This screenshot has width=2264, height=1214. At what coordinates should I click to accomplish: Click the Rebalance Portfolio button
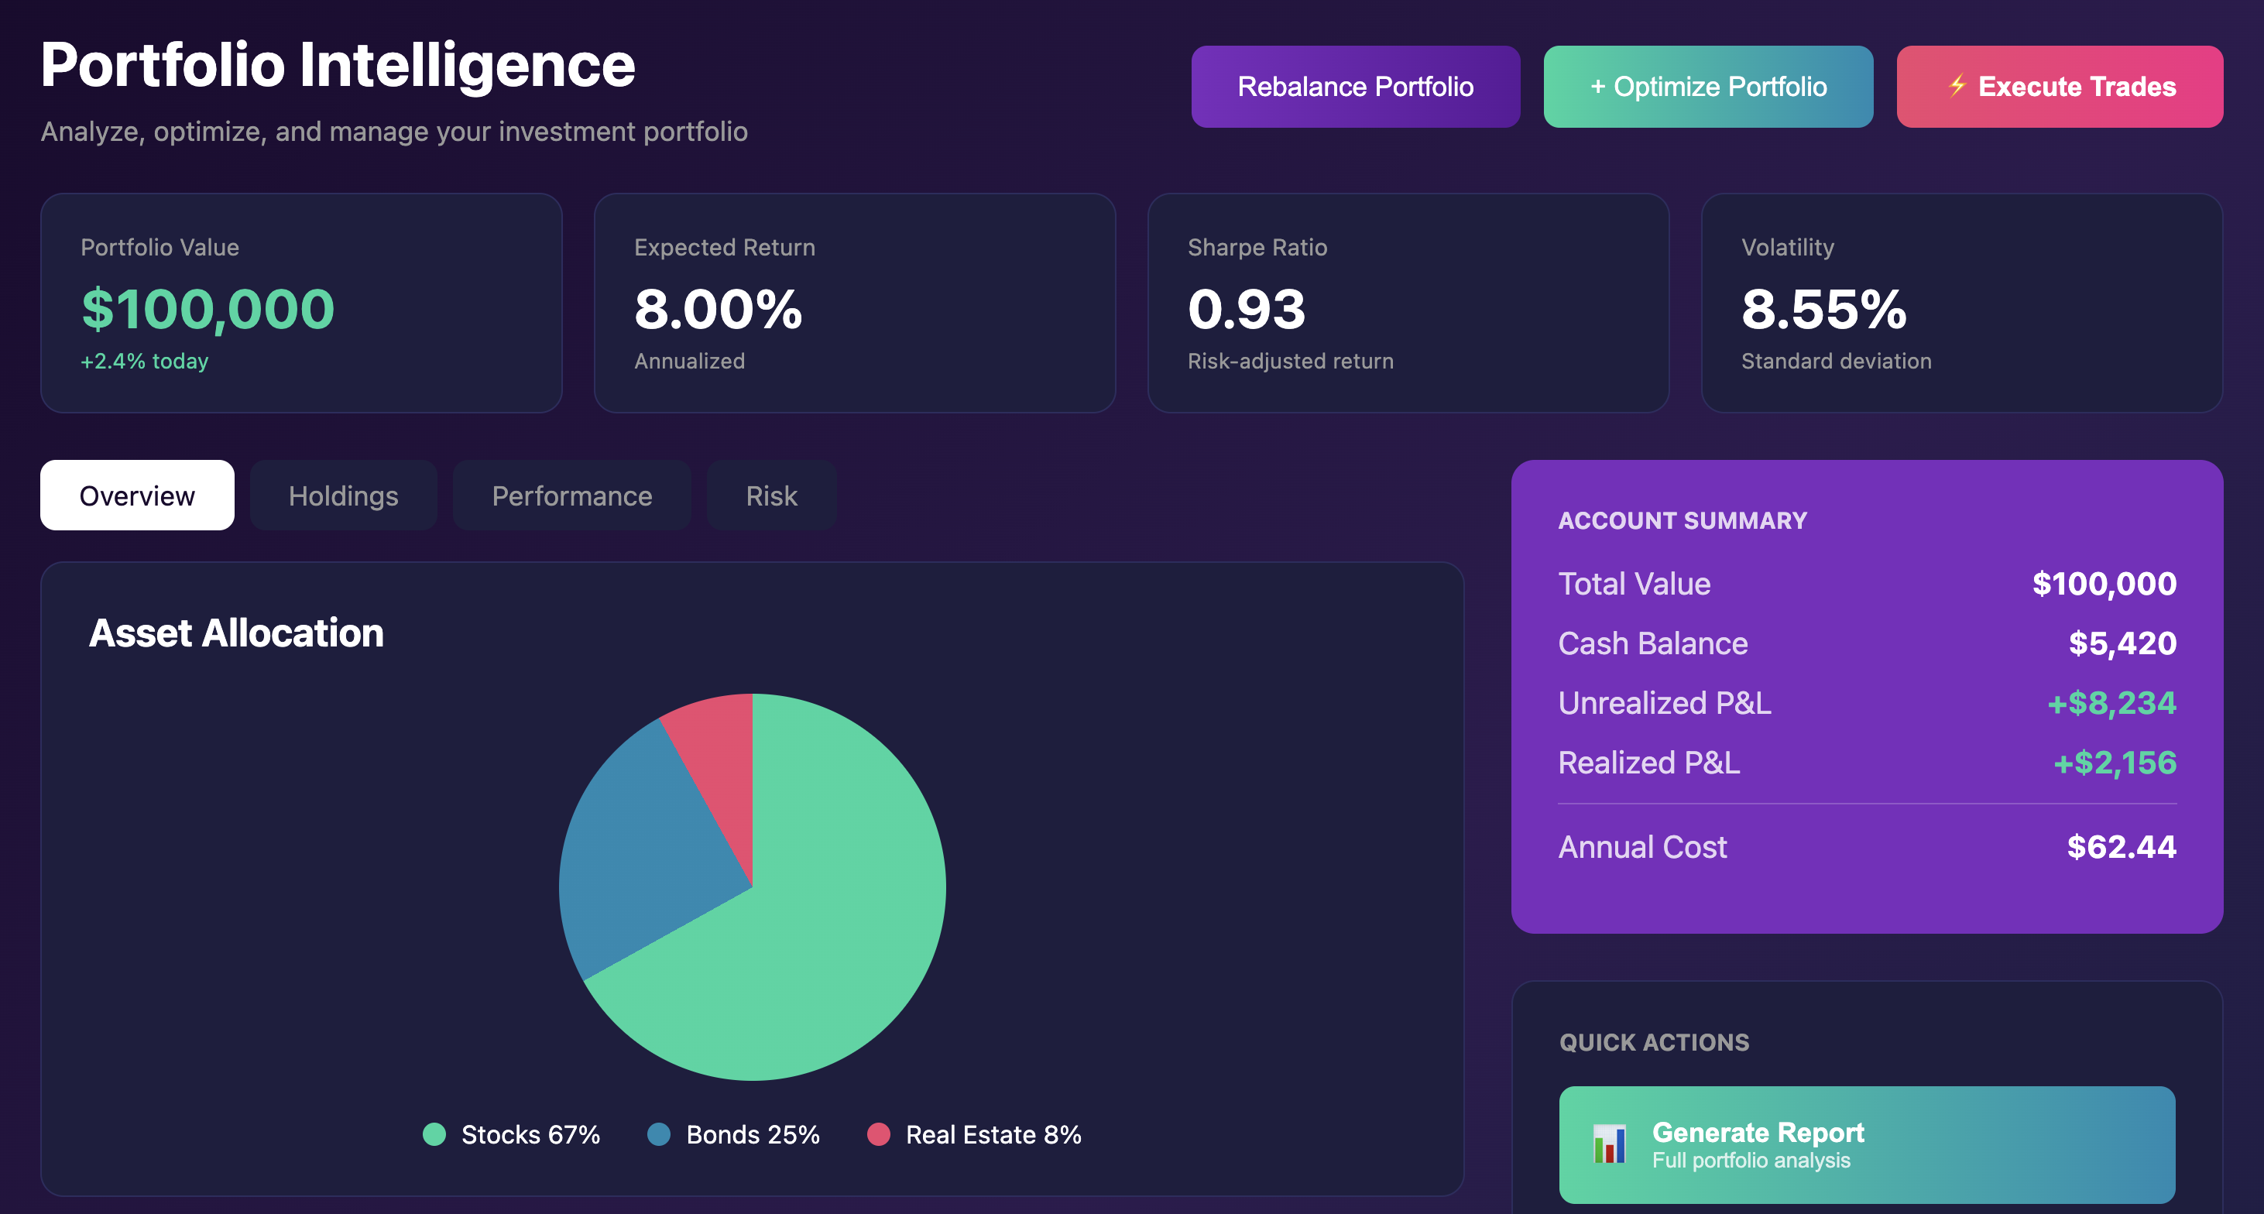(1354, 86)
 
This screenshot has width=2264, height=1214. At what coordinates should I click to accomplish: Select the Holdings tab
(343, 496)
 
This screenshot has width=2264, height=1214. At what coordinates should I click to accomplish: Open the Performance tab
(571, 496)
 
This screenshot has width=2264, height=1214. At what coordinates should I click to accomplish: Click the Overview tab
(137, 496)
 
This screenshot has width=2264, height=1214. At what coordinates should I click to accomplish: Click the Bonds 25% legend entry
(734, 1135)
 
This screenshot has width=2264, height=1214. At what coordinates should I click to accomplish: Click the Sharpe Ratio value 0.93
(1247, 310)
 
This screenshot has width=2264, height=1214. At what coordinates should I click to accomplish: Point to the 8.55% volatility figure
(1823, 310)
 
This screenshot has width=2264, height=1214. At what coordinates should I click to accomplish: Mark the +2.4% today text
(144, 362)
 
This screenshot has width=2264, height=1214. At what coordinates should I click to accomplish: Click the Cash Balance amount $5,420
(2122, 643)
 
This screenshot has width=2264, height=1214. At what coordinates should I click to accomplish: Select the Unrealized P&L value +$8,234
(2111, 703)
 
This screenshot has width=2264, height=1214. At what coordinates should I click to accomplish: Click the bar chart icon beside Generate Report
(1609, 1144)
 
